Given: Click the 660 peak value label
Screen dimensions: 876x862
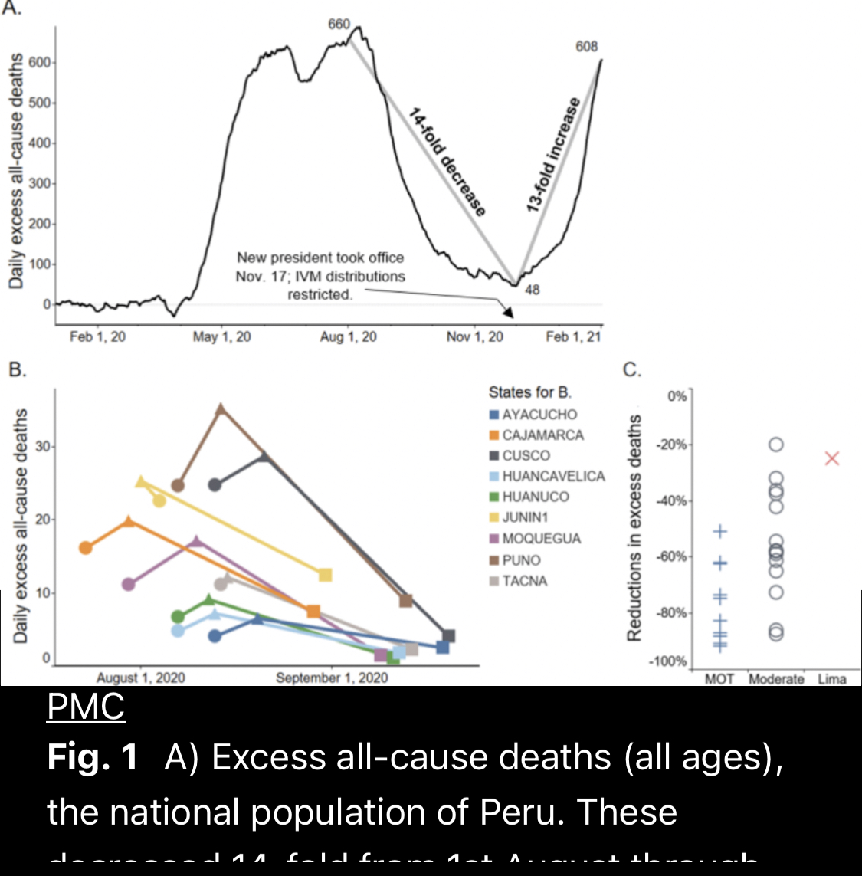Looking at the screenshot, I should [339, 24].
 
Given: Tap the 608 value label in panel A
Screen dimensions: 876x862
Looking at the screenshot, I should [586, 47].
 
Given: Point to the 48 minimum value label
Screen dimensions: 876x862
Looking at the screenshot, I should [532, 289].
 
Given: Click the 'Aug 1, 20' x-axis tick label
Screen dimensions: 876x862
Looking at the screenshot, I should [348, 337].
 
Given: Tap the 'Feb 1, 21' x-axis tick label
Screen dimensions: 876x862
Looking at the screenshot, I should [573, 337].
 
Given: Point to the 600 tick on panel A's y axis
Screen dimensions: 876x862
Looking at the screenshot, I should [39, 63].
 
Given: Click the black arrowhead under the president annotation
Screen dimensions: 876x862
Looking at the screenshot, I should [506, 312].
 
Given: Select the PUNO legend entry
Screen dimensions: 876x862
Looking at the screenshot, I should [521, 560].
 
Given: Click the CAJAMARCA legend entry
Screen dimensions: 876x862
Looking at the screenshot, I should [542, 435].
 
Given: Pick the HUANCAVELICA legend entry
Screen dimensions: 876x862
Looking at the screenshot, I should [553, 476].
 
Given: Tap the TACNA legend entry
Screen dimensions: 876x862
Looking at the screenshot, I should [524, 581].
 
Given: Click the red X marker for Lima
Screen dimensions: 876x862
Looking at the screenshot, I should [832, 458].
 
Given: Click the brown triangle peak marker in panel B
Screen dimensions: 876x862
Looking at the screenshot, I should [221, 409].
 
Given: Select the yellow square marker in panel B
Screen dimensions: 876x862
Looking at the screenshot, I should [325, 575].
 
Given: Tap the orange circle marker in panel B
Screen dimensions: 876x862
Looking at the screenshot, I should [86, 547].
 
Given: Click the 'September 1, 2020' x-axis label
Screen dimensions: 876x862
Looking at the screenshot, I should [332, 678].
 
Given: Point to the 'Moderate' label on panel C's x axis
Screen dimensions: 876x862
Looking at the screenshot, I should [776, 679].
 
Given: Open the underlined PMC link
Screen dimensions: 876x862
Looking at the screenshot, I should [86, 707].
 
